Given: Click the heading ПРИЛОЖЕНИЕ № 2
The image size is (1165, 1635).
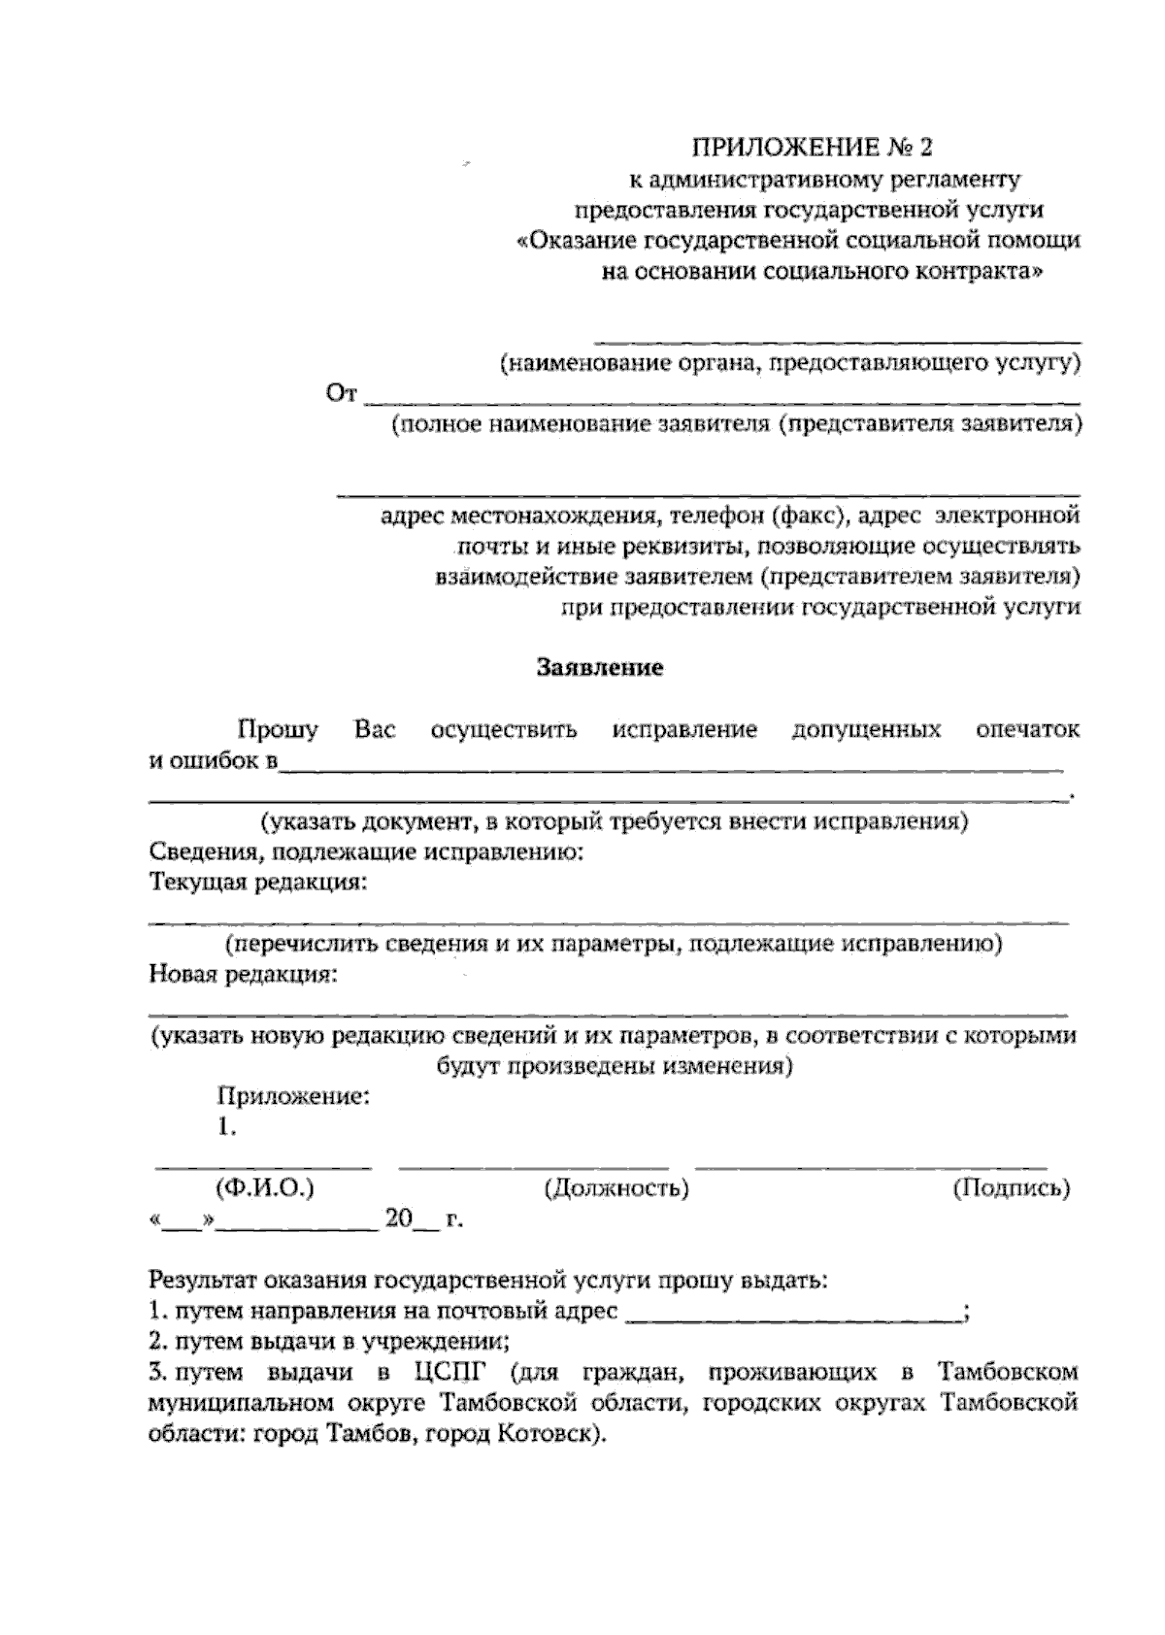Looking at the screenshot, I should point(811,148).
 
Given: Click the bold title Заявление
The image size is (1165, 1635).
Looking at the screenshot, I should point(600,668).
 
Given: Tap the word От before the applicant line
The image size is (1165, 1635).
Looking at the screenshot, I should point(343,394).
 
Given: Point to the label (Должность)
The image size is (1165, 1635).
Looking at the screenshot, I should point(617,1187).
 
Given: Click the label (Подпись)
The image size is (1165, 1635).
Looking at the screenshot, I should point(1012,1187).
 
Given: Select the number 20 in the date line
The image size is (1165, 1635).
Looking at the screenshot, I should point(399,1218).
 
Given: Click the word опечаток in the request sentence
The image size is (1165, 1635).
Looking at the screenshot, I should point(1026,729).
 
